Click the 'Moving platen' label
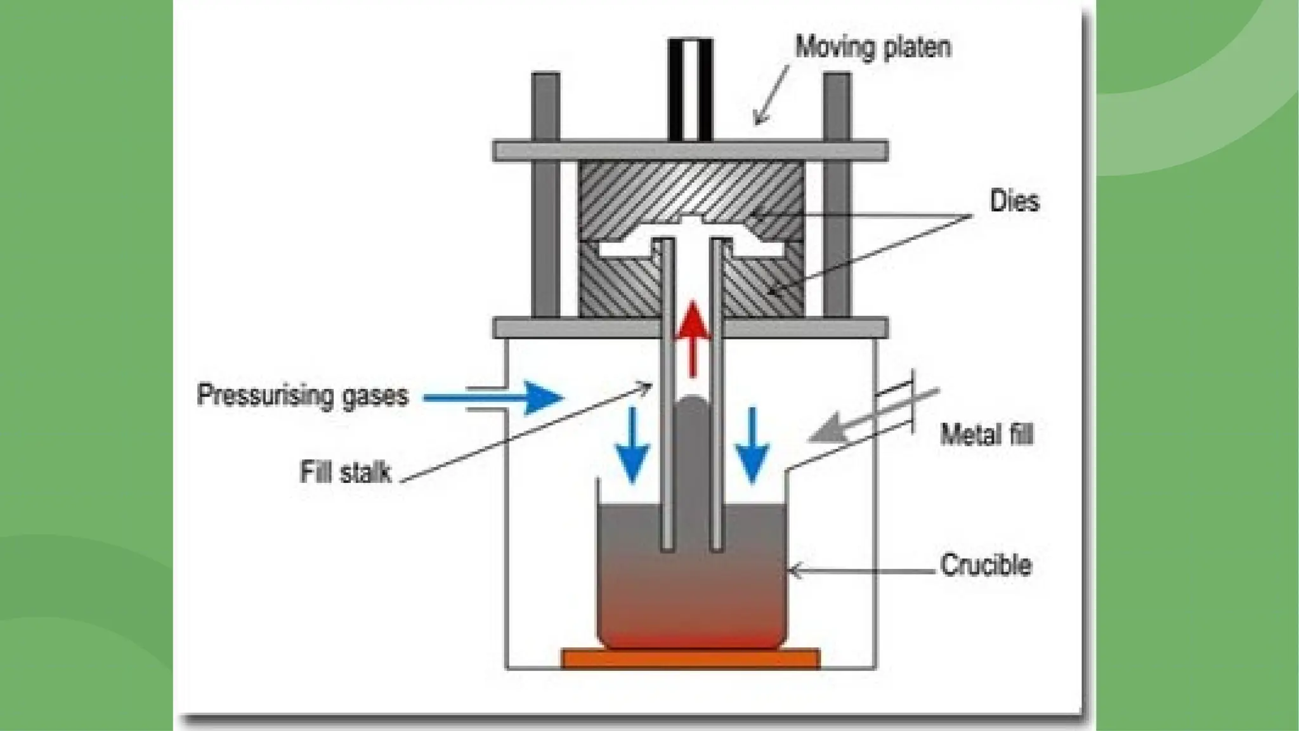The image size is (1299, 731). (x=873, y=48)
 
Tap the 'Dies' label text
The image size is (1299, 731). (x=1014, y=201)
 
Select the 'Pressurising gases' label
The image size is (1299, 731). (x=302, y=395)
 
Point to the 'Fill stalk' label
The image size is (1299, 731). (x=346, y=473)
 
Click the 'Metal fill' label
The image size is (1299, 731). (x=986, y=435)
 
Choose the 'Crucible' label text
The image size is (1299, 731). (x=985, y=565)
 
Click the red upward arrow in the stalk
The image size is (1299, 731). (x=692, y=336)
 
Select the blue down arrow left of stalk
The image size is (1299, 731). (x=632, y=447)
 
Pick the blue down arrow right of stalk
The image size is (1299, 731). (x=752, y=447)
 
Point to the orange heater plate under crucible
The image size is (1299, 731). (x=690, y=659)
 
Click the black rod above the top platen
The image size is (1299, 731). (x=690, y=89)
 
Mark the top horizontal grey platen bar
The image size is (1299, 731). (x=690, y=151)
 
